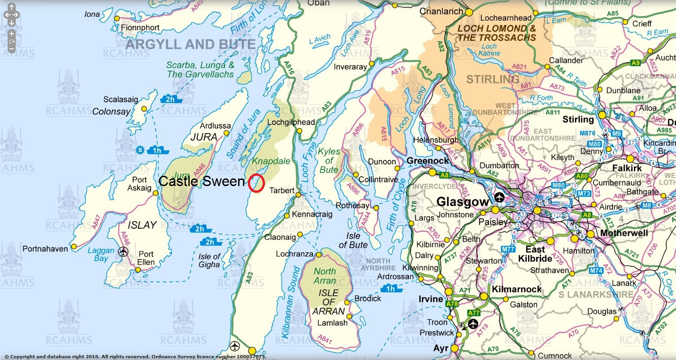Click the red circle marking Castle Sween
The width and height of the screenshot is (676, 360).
(x=256, y=183)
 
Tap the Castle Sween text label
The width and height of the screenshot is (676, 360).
(x=202, y=182)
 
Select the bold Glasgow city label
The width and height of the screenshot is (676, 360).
(x=462, y=202)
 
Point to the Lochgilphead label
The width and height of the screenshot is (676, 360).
(x=291, y=122)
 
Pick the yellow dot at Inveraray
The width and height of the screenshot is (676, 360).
(x=371, y=64)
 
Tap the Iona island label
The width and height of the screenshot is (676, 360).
(x=92, y=14)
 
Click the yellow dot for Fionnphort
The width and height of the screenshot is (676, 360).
(x=117, y=18)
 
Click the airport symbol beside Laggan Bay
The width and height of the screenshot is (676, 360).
(x=123, y=252)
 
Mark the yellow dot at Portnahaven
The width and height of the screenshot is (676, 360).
(x=74, y=246)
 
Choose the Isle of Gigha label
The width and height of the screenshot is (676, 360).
(x=209, y=260)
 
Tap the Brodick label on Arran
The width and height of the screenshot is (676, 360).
(x=368, y=299)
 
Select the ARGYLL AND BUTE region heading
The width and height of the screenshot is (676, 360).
(x=191, y=44)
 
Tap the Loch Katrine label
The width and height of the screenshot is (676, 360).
(x=490, y=50)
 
